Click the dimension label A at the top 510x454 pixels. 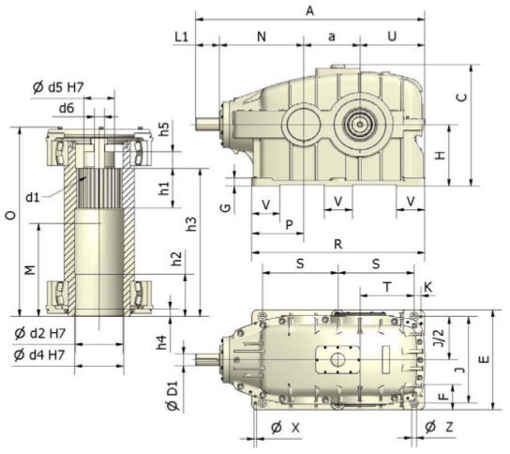[310, 10]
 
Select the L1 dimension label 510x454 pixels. [182, 37]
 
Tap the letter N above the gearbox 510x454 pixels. [262, 37]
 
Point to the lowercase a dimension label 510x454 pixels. [332, 38]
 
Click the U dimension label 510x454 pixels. [392, 37]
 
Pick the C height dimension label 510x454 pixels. [462, 98]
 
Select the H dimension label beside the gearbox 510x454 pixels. [440, 156]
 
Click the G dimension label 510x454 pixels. [225, 207]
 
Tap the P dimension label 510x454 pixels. [289, 224]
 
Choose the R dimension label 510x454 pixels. [338, 244]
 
